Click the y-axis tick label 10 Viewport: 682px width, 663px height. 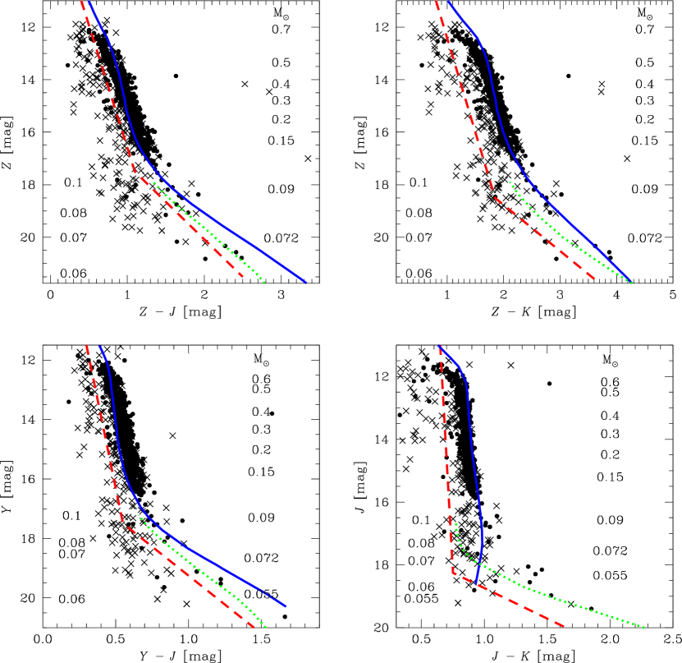click(x=42, y=351)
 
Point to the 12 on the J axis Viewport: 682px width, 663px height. click(x=42, y=398)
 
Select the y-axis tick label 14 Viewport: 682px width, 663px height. click(x=42, y=447)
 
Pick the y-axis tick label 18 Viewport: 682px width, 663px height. click(x=42, y=544)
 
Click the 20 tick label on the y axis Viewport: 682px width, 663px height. click(x=42, y=592)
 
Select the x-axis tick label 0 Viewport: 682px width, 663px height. click(x=96, y=634)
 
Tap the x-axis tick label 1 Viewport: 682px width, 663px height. click(x=169, y=634)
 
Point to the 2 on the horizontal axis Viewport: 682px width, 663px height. click(x=243, y=634)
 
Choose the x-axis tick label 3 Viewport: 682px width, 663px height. click(x=316, y=634)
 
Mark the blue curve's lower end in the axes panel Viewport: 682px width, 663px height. click(x=286, y=606)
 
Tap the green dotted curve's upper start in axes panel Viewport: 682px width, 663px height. click(x=138, y=515)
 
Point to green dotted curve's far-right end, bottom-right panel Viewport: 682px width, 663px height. click(x=644, y=628)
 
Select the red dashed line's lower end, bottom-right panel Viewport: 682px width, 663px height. click(x=565, y=627)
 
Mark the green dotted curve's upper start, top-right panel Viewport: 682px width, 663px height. click(x=510, y=182)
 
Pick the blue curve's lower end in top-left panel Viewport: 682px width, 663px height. click(x=305, y=282)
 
